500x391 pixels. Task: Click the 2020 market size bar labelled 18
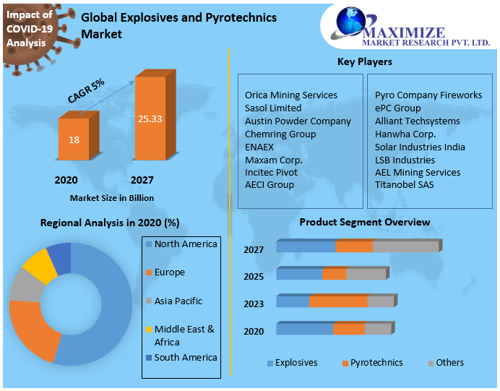click(x=74, y=139)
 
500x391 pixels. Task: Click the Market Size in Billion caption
click(x=112, y=197)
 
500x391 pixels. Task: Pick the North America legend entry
click(x=185, y=244)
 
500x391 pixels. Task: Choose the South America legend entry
click(x=185, y=358)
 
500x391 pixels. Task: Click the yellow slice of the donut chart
click(x=40, y=267)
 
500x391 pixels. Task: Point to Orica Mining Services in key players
click(x=291, y=95)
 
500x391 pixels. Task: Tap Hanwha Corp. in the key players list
click(x=405, y=134)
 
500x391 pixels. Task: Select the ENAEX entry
click(x=259, y=147)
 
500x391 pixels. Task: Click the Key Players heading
click(x=365, y=62)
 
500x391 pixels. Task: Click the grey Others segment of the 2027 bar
click(x=405, y=247)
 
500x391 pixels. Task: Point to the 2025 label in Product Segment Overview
click(x=254, y=277)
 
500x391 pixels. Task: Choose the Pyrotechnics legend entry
click(x=376, y=363)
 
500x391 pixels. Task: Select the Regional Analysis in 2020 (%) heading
click(x=110, y=223)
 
